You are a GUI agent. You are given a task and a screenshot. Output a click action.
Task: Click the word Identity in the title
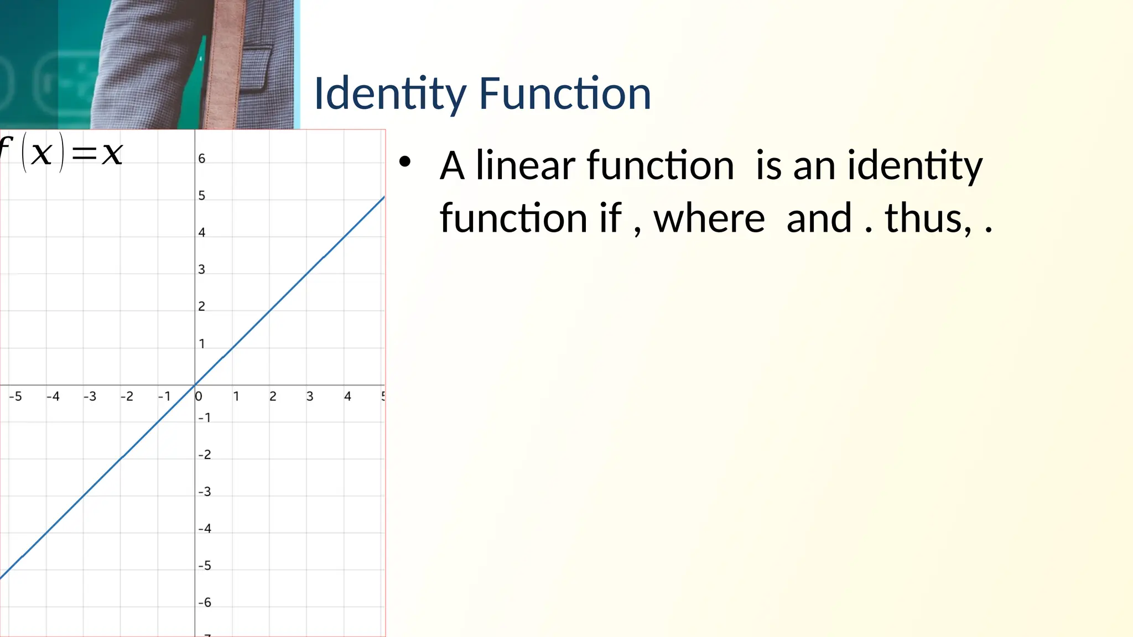pyautogui.click(x=389, y=94)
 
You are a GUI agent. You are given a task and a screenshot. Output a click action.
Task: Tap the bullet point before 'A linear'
pyautogui.click(x=405, y=161)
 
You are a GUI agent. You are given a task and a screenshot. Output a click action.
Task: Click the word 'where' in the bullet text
pyautogui.click(x=709, y=218)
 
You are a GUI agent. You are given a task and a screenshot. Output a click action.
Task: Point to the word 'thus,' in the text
pyautogui.click(x=928, y=218)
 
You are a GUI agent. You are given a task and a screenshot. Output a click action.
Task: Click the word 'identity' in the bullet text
pyautogui.click(x=915, y=166)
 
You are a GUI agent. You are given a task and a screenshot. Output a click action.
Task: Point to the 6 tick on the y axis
pyautogui.click(x=202, y=159)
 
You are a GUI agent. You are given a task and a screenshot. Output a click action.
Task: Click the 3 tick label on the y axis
pyautogui.click(x=202, y=269)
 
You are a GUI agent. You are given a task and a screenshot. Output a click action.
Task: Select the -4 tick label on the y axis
pyautogui.click(x=205, y=529)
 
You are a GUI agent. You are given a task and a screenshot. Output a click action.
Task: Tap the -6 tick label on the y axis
pyautogui.click(x=205, y=602)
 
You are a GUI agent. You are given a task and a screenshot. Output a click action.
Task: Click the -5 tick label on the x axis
pyautogui.click(x=15, y=396)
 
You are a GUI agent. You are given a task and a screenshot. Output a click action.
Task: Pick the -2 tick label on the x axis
pyautogui.click(x=127, y=396)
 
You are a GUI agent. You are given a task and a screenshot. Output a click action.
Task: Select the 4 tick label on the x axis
pyautogui.click(x=347, y=396)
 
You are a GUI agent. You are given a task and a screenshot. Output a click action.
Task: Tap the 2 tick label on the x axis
pyautogui.click(x=273, y=396)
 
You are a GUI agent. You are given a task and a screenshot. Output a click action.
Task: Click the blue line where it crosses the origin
pyautogui.click(x=195, y=385)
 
